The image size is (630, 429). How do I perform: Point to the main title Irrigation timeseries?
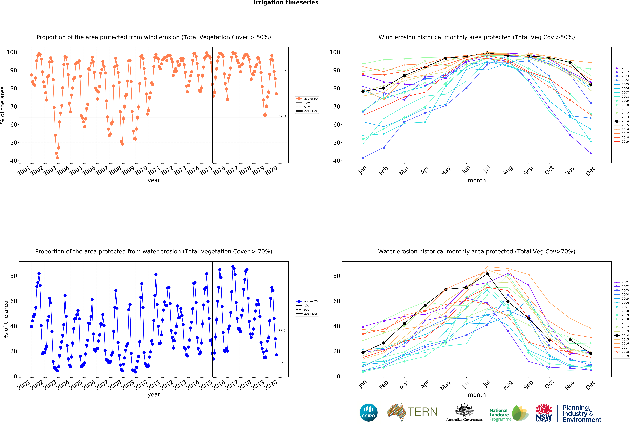(286, 3)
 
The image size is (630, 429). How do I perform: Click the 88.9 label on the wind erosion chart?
(282, 71)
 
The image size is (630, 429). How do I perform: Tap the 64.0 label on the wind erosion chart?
(282, 116)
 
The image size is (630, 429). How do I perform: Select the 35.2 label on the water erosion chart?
(282, 331)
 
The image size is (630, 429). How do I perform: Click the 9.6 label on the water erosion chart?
(281, 363)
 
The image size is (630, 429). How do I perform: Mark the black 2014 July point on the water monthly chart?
(487, 274)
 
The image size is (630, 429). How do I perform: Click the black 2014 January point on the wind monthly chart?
(363, 91)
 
